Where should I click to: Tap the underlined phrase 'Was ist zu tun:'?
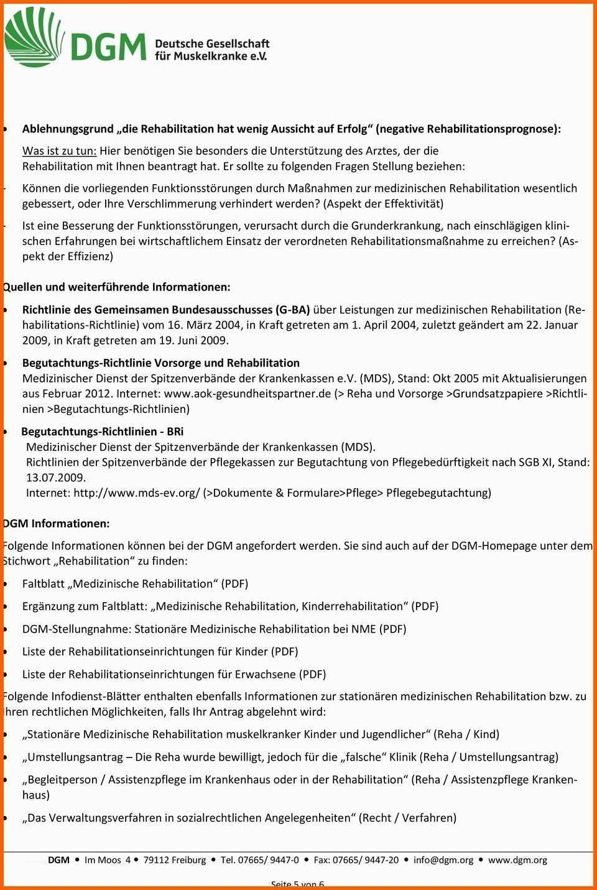pos(59,151)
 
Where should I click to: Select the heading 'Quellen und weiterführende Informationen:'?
pos(116,287)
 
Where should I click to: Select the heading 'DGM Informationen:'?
pos(56,523)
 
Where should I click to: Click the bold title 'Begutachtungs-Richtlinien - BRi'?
pos(103,431)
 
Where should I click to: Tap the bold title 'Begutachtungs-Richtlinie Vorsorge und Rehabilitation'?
pos(161,363)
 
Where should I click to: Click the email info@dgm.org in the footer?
pos(443,860)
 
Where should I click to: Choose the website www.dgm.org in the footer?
pos(517,860)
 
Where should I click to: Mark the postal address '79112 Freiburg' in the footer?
pos(175,860)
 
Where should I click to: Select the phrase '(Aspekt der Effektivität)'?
pos(383,203)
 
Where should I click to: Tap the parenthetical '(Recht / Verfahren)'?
pos(408,817)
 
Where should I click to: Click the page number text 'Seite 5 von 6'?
pos(298,884)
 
